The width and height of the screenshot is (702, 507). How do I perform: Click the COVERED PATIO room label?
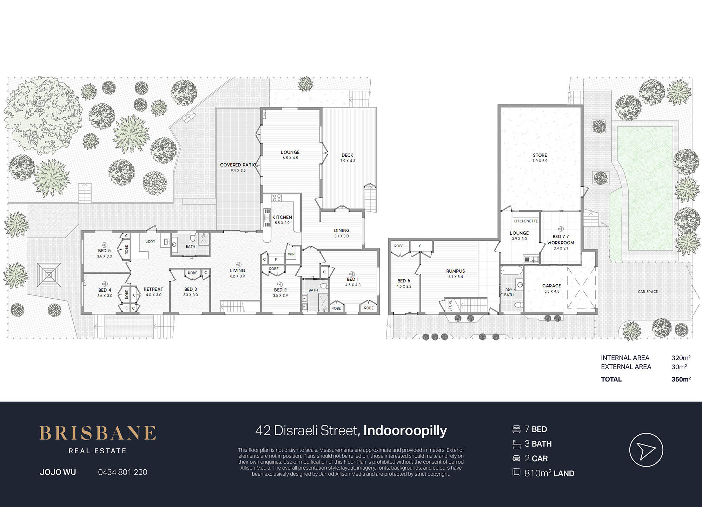[238, 165]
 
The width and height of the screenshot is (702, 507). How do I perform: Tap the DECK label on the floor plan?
[347, 155]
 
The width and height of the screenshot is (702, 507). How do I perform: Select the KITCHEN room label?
[282, 217]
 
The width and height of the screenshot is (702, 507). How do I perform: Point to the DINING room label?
[342, 230]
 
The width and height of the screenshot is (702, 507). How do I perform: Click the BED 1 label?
[353, 279]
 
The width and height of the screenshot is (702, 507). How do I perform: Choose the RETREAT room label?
[153, 289]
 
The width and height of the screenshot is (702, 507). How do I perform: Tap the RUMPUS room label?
[456, 271]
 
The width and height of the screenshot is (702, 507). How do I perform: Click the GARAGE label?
[552, 286]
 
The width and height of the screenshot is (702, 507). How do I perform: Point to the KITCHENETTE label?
[525, 221]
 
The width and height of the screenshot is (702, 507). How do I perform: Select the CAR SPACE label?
[648, 292]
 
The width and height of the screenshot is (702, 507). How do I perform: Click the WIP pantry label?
[291, 254]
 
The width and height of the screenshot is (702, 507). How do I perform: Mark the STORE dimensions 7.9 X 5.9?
[540, 161]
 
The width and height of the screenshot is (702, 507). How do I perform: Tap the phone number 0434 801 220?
[123, 472]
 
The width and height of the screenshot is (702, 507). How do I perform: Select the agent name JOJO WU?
[58, 472]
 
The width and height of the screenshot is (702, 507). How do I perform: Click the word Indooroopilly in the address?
[405, 430]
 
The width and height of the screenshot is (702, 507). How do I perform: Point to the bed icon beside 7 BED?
[516, 429]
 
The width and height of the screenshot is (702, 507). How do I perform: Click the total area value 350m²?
[681, 379]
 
